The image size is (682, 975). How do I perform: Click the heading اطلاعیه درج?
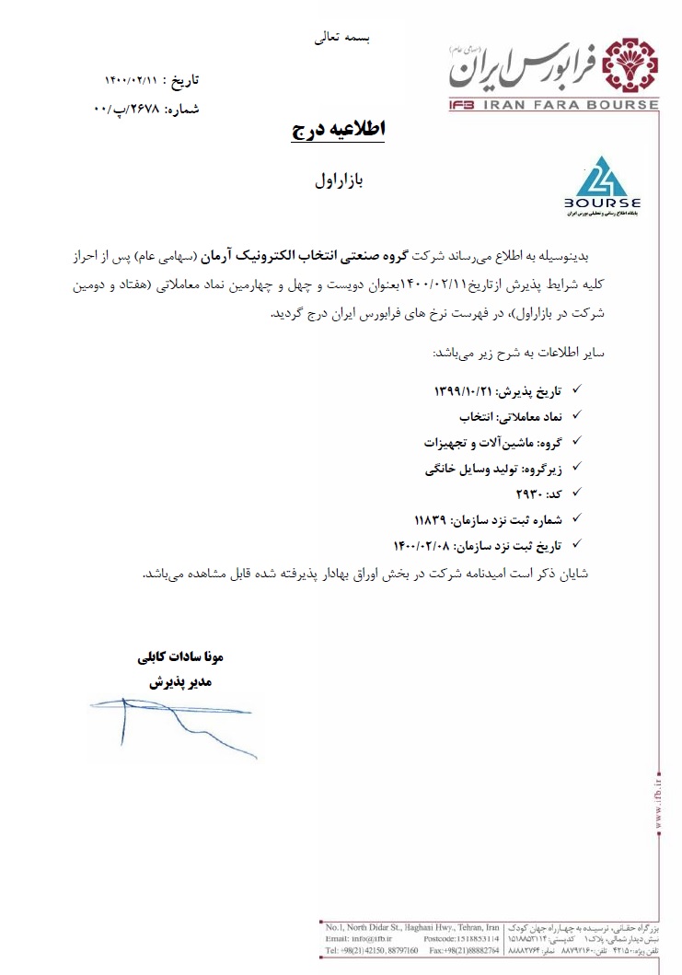[338, 130]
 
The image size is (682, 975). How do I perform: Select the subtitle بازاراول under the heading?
[341, 180]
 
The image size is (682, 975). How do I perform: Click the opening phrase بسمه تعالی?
[341, 39]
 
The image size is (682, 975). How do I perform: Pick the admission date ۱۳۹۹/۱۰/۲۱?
[464, 391]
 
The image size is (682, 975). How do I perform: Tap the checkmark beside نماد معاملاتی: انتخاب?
[578, 417]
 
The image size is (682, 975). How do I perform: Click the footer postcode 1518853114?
[472, 937]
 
